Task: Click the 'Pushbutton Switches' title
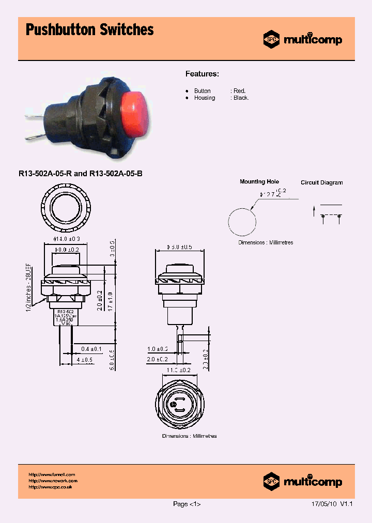click(89, 30)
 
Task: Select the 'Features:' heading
click(203, 74)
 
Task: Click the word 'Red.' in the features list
click(239, 91)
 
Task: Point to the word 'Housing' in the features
click(205, 98)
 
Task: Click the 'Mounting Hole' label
click(259, 182)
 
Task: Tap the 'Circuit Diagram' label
click(321, 182)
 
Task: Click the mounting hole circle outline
click(242, 222)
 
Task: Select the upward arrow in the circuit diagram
click(314, 210)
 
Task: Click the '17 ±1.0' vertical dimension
click(111, 301)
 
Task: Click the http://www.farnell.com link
click(52, 474)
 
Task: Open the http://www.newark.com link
click(53, 481)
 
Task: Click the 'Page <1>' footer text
click(187, 504)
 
